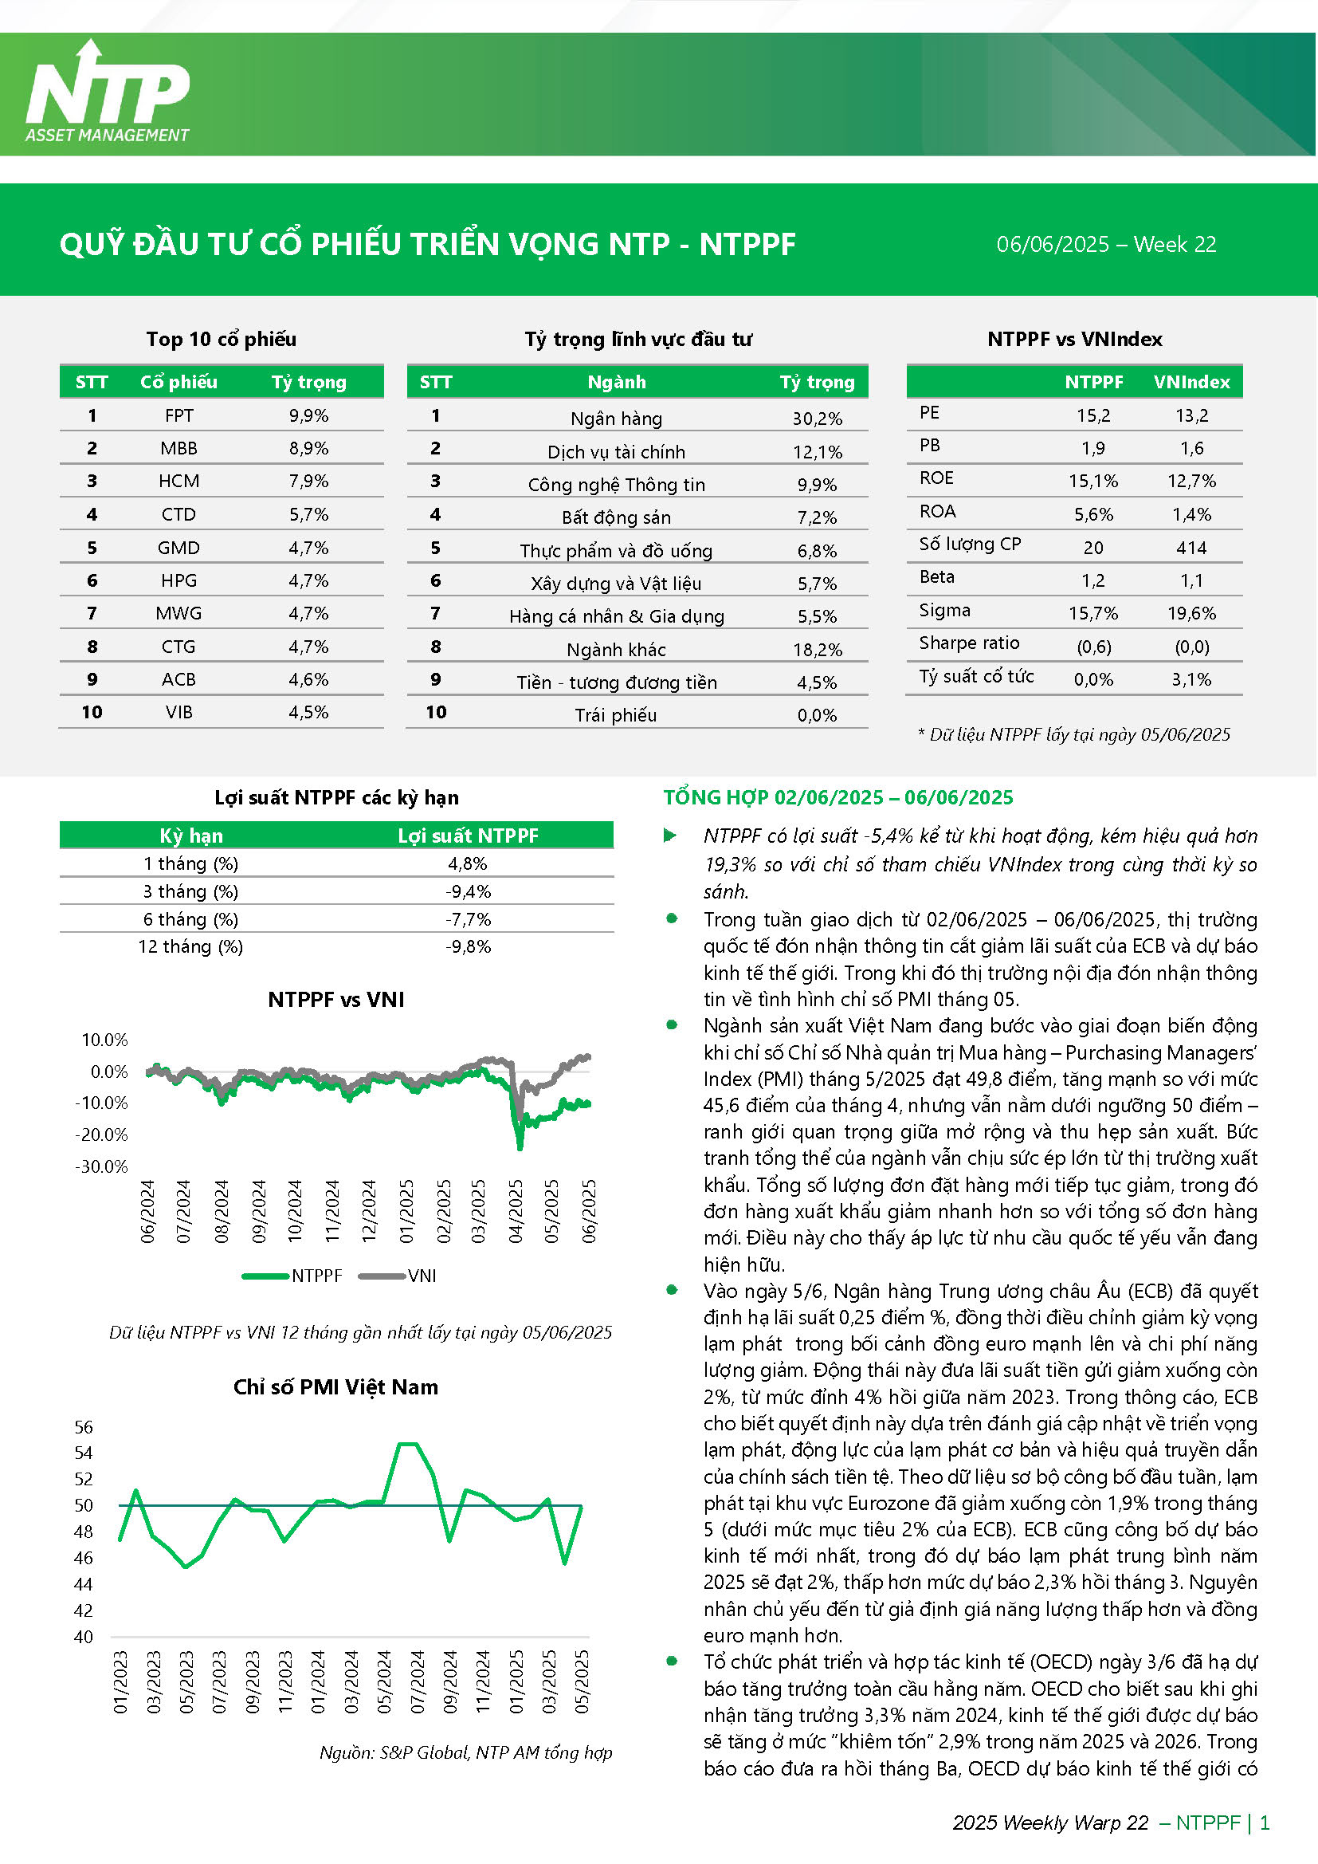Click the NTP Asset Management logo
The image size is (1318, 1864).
tap(107, 92)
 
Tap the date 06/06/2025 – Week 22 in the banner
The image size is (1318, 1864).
tap(1106, 245)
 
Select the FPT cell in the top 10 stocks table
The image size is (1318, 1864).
tap(178, 415)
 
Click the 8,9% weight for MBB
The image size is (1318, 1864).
tap(308, 448)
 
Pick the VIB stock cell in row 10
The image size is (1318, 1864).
tap(178, 712)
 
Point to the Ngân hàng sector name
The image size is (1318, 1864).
tap(616, 418)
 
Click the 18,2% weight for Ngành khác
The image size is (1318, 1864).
tap(818, 650)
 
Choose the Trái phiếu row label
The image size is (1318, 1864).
tap(616, 715)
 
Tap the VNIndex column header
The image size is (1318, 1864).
tap(1191, 382)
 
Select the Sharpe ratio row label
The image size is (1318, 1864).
tap(969, 643)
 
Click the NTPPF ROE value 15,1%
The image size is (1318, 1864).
tap(1093, 481)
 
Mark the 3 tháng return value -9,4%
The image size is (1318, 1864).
tap(469, 891)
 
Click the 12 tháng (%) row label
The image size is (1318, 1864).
tap(190, 946)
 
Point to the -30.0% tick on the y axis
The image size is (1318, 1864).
tap(101, 1166)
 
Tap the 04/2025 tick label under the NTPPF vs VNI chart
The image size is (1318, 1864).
tap(516, 1211)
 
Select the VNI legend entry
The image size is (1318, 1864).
tap(398, 1276)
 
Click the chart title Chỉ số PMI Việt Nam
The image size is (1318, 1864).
tap(336, 1386)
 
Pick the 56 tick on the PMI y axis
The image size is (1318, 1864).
tap(84, 1426)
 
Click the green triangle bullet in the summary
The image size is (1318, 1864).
tap(669, 836)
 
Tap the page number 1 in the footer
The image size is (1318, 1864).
tap(1265, 1823)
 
